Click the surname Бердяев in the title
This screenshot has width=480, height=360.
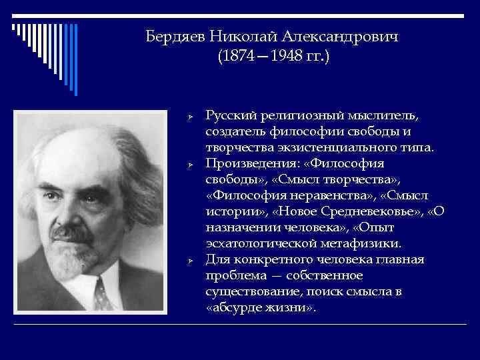(175, 37)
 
